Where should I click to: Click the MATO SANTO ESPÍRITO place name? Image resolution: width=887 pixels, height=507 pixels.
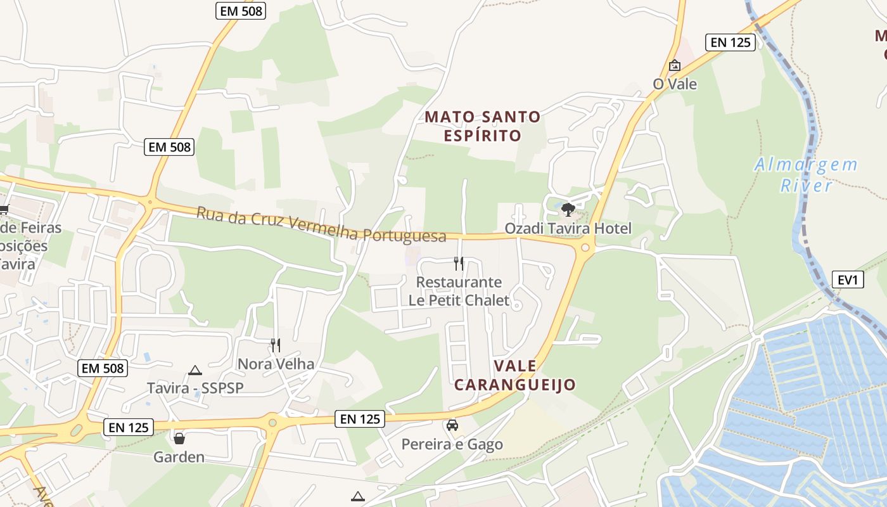[483, 126]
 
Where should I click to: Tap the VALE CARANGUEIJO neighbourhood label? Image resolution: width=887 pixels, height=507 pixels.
[515, 375]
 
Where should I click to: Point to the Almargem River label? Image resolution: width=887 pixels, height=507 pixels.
[806, 175]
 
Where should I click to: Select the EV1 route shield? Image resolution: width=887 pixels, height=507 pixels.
[848, 279]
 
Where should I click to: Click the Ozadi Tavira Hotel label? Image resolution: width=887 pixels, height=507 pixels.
[568, 228]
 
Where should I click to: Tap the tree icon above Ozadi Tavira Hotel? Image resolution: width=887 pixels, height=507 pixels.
[568, 209]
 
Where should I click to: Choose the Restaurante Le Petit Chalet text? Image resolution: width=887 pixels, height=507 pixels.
[459, 291]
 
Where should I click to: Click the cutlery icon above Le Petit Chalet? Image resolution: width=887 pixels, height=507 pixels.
[459, 263]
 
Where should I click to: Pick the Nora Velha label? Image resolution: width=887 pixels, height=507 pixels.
[276, 364]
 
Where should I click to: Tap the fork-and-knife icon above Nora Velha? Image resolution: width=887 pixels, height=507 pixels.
[276, 345]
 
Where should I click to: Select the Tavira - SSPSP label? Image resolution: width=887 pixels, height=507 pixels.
[195, 388]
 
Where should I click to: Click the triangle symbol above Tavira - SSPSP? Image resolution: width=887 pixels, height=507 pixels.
[195, 370]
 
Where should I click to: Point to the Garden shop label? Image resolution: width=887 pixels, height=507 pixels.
[179, 456]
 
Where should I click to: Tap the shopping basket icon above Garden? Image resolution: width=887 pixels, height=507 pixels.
[179, 438]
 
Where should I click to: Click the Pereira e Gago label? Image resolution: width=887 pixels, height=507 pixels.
[452, 444]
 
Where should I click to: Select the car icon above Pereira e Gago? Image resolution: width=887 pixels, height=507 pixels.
[452, 425]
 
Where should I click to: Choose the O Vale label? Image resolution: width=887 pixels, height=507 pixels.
[675, 84]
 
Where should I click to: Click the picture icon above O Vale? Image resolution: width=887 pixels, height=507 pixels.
[675, 65]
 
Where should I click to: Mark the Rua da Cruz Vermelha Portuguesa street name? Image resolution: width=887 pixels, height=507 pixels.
[321, 224]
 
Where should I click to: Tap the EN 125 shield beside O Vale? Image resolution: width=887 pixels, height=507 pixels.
[730, 42]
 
